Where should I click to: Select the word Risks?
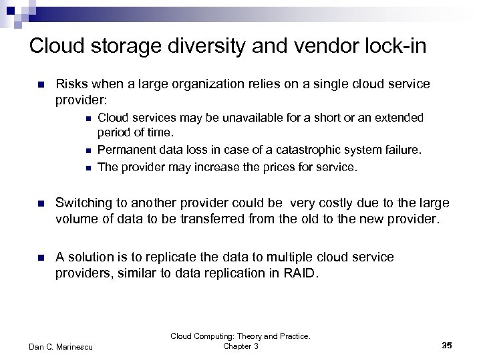click(72, 85)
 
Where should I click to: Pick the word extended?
click(399, 118)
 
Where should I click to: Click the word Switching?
click(84, 203)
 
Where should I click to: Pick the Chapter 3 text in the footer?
click(240, 346)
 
